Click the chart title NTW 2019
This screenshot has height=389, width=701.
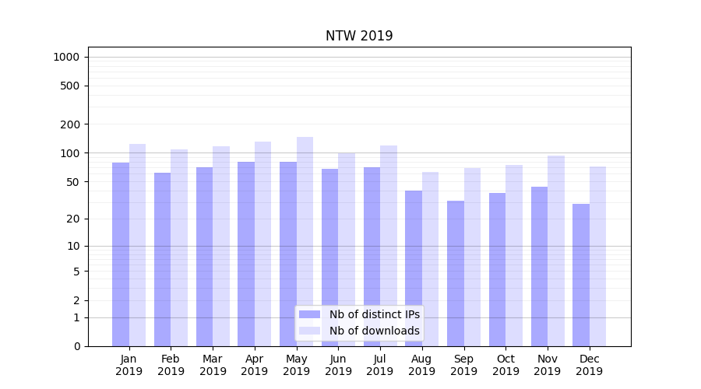pyautogui.click(x=359, y=37)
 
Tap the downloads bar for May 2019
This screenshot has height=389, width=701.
pyautogui.click(x=305, y=241)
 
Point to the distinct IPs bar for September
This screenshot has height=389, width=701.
pyautogui.click(x=456, y=273)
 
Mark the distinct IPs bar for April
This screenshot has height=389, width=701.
pyautogui.click(x=246, y=254)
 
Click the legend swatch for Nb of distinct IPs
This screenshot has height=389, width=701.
pyautogui.click(x=309, y=314)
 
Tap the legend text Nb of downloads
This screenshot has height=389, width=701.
pyautogui.click(x=374, y=331)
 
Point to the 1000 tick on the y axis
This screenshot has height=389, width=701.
pyautogui.click(x=66, y=57)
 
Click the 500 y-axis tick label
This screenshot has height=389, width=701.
pyautogui.click(x=70, y=86)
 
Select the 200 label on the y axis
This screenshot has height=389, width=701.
pyautogui.click(x=70, y=124)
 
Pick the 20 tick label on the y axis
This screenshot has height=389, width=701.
pyautogui.click(x=73, y=219)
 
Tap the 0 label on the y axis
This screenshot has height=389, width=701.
pyautogui.click(x=76, y=346)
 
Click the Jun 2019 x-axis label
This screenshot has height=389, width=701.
pyautogui.click(x=338, y=365)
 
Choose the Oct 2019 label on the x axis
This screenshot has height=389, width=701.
pyautogui.click(x=505, y=365)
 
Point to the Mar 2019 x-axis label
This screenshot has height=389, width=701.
pyautogui.click(x=213, y=365)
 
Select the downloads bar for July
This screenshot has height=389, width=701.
pyautogui.click(x=389, y=246)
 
